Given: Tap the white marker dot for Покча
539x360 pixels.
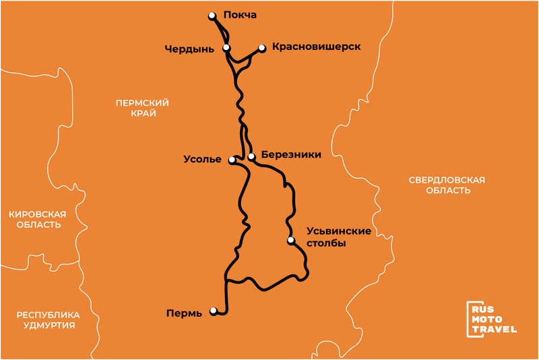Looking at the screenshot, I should [x=212, y=15].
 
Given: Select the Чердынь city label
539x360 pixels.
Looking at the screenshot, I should [x=189, y=49].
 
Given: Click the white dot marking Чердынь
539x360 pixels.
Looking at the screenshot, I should [x=226, y=48].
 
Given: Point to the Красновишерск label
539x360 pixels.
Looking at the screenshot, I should [x=317, y=47].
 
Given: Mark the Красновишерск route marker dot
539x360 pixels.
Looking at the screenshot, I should [x=261, y=48].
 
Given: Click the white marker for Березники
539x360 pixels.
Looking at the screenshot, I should [x=251, y=156].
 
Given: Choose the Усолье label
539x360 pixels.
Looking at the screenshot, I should [x=202, y=160].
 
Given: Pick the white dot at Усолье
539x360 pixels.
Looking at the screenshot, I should [x=232, y=160].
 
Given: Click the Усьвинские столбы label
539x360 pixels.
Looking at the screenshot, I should [x=334, y=237].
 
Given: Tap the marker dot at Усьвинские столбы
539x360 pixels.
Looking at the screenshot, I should [x=291, y=240].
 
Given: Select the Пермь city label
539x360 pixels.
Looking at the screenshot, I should [x=183, y=313].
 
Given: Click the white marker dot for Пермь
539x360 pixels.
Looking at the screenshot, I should [x=214, y=311].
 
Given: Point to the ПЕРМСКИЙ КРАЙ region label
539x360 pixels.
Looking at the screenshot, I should [x=141, y=108].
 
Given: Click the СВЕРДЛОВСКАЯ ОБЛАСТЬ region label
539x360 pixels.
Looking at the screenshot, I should [x=447, y=185].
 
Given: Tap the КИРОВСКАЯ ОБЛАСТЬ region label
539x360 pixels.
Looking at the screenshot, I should [x=37, y=219].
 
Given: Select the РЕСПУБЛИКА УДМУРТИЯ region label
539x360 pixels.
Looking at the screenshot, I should [x=49, y=320].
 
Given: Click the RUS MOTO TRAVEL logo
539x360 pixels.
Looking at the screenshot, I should [x=493, y=319].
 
